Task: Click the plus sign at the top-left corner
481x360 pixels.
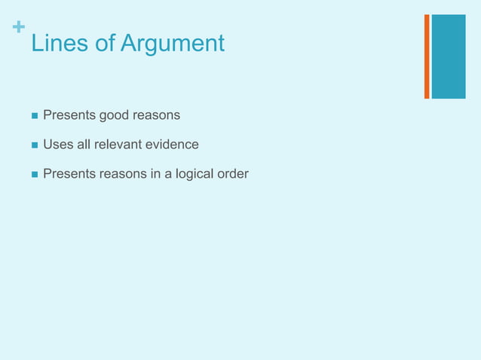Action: [x=18, y=29]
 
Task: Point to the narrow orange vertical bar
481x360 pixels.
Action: [x=427, y=56]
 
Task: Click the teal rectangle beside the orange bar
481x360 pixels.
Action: [x=449, y=56]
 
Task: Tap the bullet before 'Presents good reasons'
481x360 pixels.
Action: [x=34, y=116]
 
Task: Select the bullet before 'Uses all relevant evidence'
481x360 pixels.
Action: [x=34, y=145]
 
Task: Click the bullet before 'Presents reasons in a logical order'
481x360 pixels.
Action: [x=34, y=175]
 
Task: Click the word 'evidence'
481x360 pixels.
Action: [x=171, y=144]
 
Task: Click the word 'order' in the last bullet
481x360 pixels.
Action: [x=233, y=174]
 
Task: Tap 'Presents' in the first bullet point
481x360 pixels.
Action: [x=66, y=115]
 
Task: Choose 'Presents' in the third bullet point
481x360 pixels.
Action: [x=66, y=174]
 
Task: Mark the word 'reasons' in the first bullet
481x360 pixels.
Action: [x=155, y=116]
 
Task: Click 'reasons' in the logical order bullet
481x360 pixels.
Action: [x=118, y=174]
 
